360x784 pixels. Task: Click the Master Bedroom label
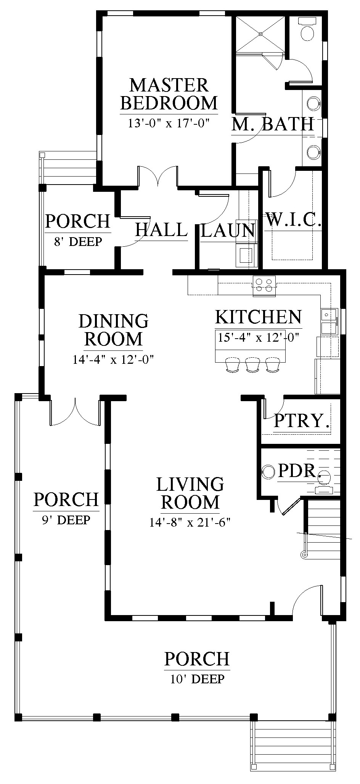coord(169,94)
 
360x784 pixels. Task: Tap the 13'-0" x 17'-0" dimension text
coord(169,124)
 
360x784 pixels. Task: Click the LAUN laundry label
coord(228,230)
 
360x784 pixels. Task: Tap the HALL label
coord(161,230)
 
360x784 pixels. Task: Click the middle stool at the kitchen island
coord(252,364)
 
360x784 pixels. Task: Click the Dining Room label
coord(113,330)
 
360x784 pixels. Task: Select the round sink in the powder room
coord(269,472)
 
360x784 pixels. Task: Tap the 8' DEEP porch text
coord(78,241)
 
